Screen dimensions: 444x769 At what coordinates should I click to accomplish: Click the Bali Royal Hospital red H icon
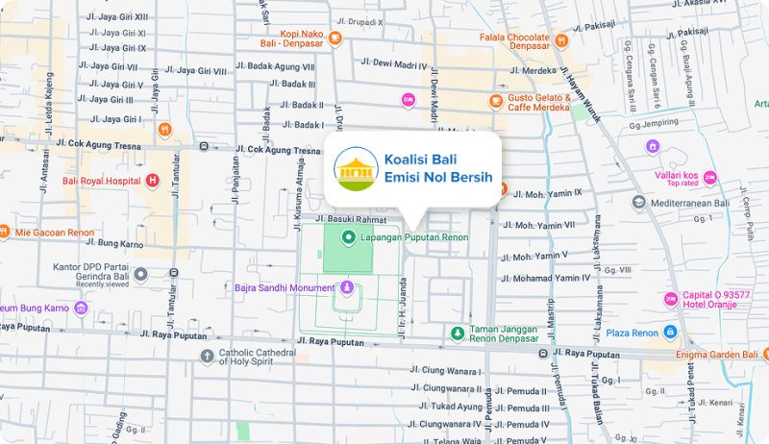(152, 181)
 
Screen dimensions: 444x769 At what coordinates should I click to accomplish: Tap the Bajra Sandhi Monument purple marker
(347, 287)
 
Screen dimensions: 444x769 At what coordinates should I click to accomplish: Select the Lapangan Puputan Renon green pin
(348, 235)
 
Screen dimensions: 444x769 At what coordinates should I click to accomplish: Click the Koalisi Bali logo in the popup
(356, 169)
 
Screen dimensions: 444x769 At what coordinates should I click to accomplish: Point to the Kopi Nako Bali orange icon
(335, 38)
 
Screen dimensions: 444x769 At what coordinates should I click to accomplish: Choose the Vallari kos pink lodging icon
(709, 177)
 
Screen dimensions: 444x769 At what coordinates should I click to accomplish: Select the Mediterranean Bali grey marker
(639, 203)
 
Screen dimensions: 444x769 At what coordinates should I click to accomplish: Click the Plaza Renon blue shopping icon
(670, 333)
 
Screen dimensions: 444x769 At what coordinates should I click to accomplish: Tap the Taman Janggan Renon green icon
(459, 333)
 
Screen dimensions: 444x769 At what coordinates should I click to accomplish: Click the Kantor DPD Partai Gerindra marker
(140, 275)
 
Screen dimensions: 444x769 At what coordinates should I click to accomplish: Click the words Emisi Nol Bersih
(437, 179)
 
